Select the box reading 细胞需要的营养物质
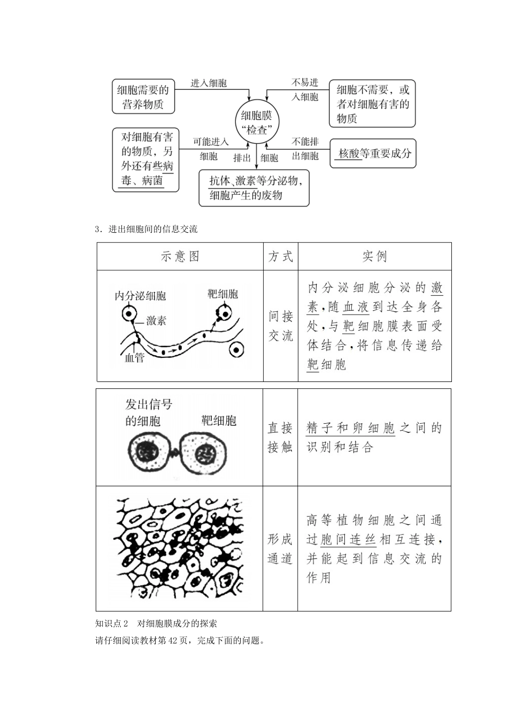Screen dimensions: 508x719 (x=143, y=97)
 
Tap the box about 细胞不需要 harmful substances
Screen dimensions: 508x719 (x=372, y=104)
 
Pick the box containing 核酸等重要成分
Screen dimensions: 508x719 (x=373, y=154)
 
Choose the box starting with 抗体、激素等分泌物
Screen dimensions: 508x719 (x=254, y=188)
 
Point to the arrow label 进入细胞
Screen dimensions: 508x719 (x=209, y=83)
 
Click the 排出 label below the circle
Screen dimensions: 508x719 (x=242, y=158)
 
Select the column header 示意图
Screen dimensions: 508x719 (x=180, y=256)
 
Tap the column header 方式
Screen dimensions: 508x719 (x=281, y=256)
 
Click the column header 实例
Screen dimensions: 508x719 (x=374, y=256)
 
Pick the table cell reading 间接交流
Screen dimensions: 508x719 (x=281, y=326)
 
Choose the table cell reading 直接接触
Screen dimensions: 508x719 (x=280, y=437)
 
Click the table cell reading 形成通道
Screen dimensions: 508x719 (x=280, y=548)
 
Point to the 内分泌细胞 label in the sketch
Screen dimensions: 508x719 (x=140, y=296)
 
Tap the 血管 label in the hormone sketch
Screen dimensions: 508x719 (x=134, y=358)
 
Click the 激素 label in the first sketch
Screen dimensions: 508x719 (x=156, y=320)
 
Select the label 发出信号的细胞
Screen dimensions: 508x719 (x=148, y=412)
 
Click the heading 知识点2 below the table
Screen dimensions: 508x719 (x=112, y=623)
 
